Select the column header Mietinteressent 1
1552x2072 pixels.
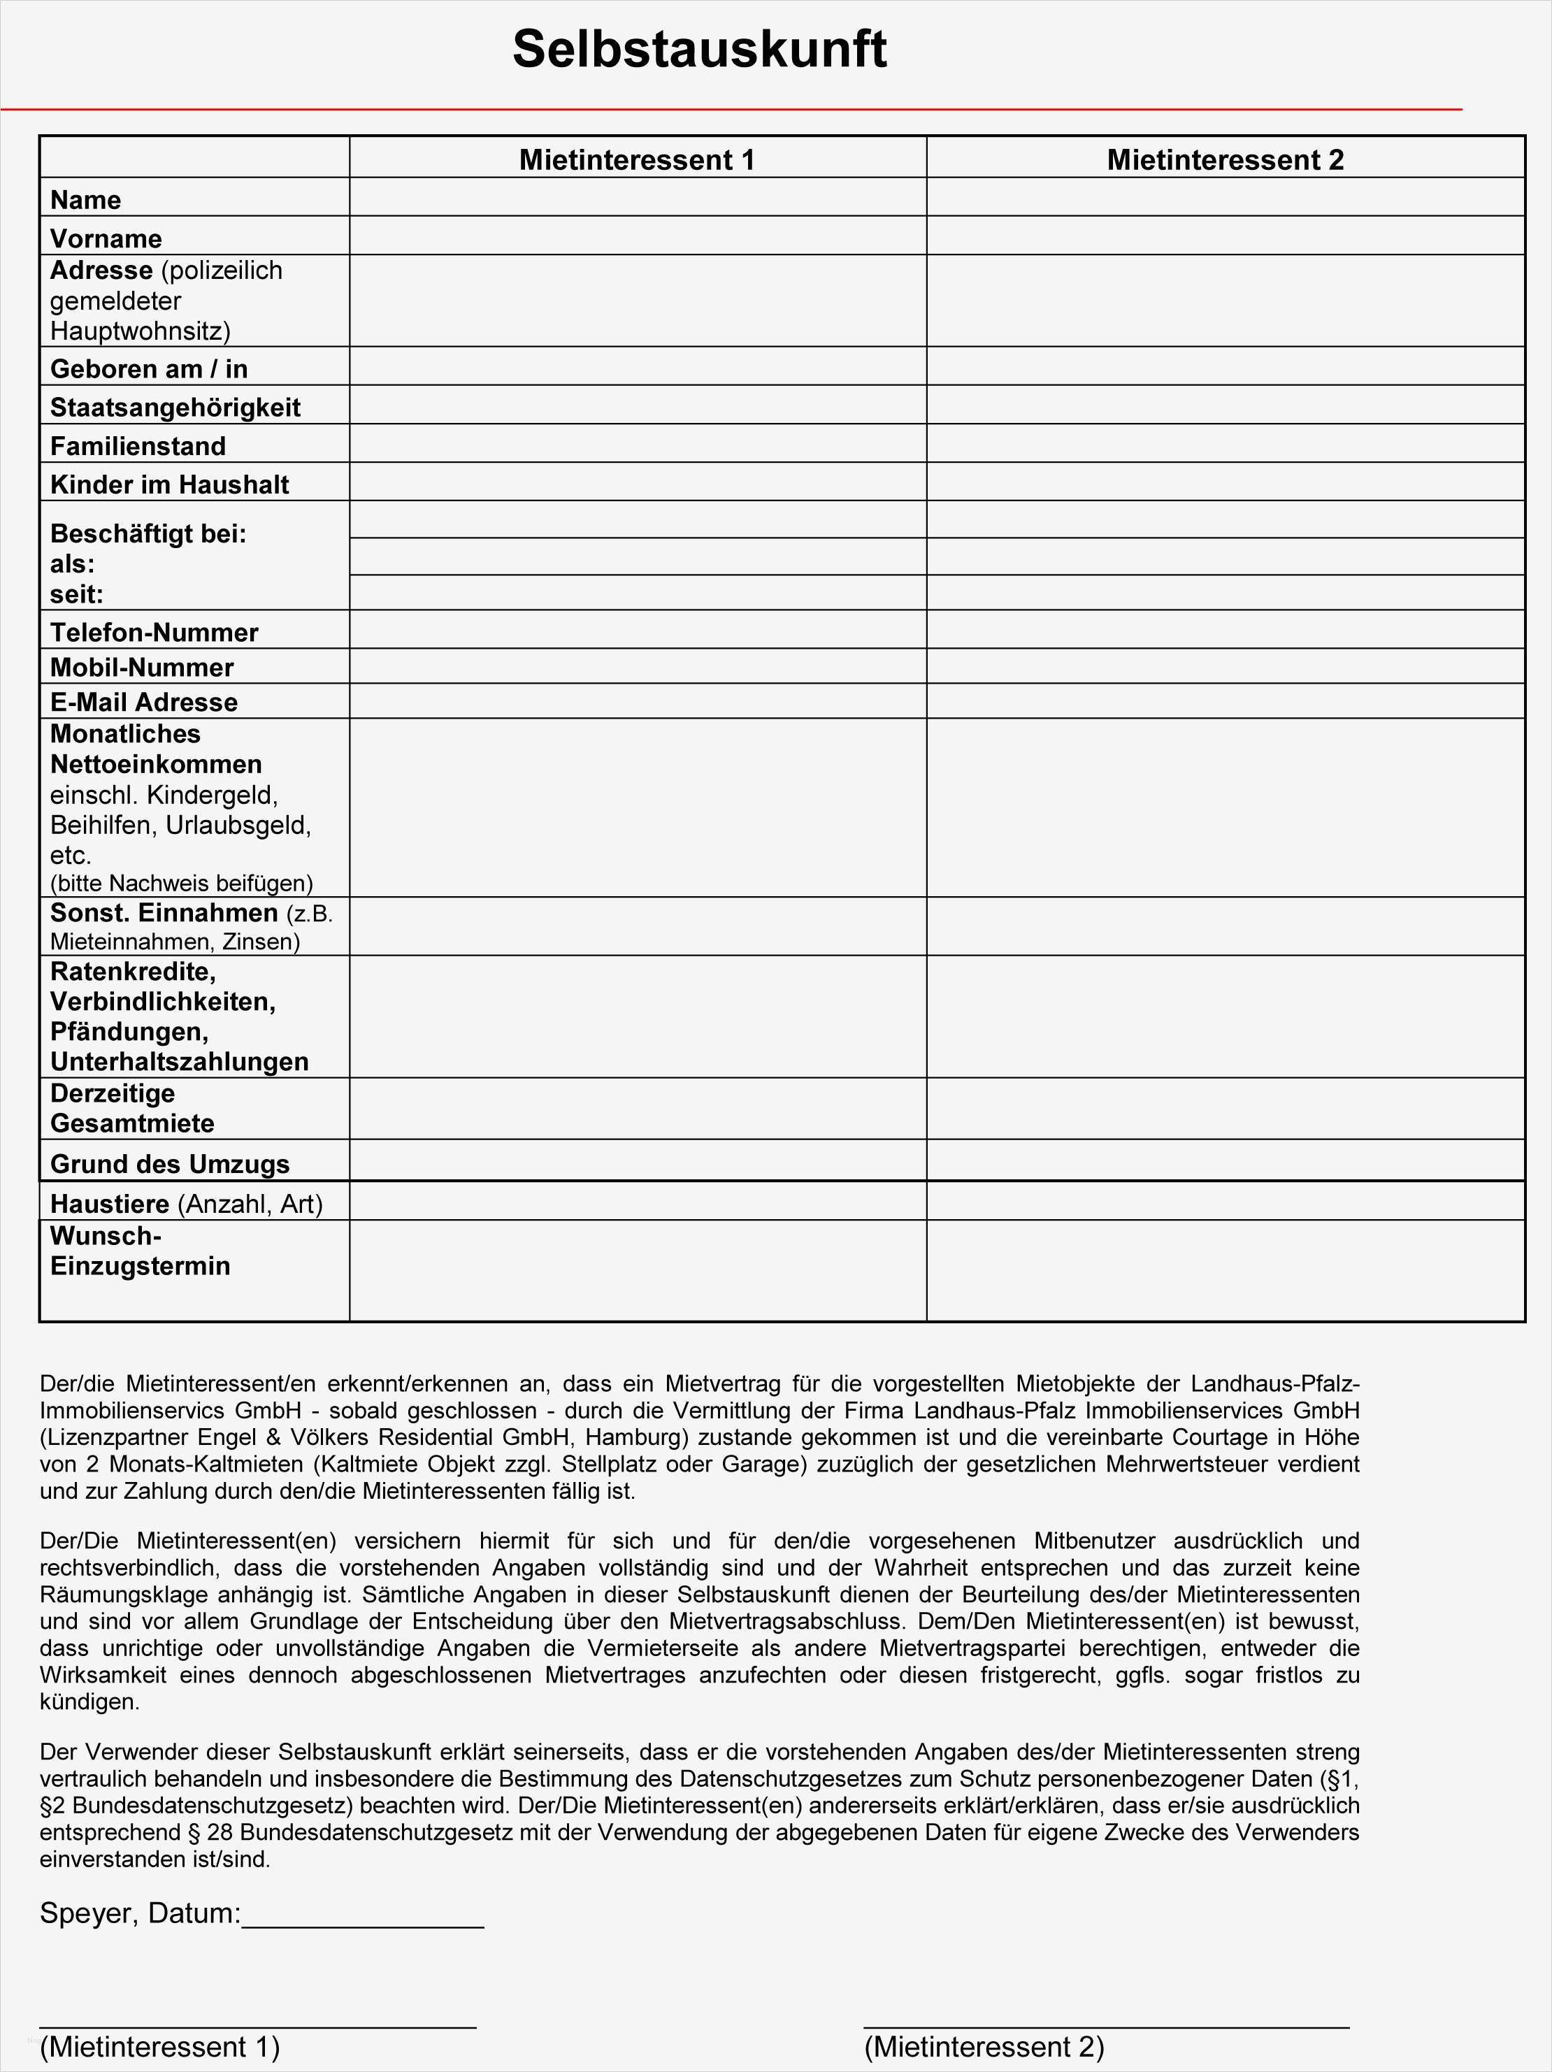coord(637,159)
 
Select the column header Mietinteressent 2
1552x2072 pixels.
coord(1224,159)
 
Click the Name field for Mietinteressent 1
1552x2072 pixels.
coord(637,198)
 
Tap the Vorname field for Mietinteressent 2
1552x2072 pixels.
coord(1224,236)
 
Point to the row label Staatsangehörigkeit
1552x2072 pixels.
coord(175,408)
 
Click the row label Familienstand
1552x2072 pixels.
coord(138,446)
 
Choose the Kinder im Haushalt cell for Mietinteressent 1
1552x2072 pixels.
coord(637,482)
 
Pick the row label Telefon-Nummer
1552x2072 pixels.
coord(154,632)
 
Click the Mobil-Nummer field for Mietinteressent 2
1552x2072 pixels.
coord(1224,666)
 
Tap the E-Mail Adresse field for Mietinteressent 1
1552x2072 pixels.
coord(637,700)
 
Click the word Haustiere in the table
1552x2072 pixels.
coord(110,1204)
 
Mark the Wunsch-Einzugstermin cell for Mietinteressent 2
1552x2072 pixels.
coord(1224,1270)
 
